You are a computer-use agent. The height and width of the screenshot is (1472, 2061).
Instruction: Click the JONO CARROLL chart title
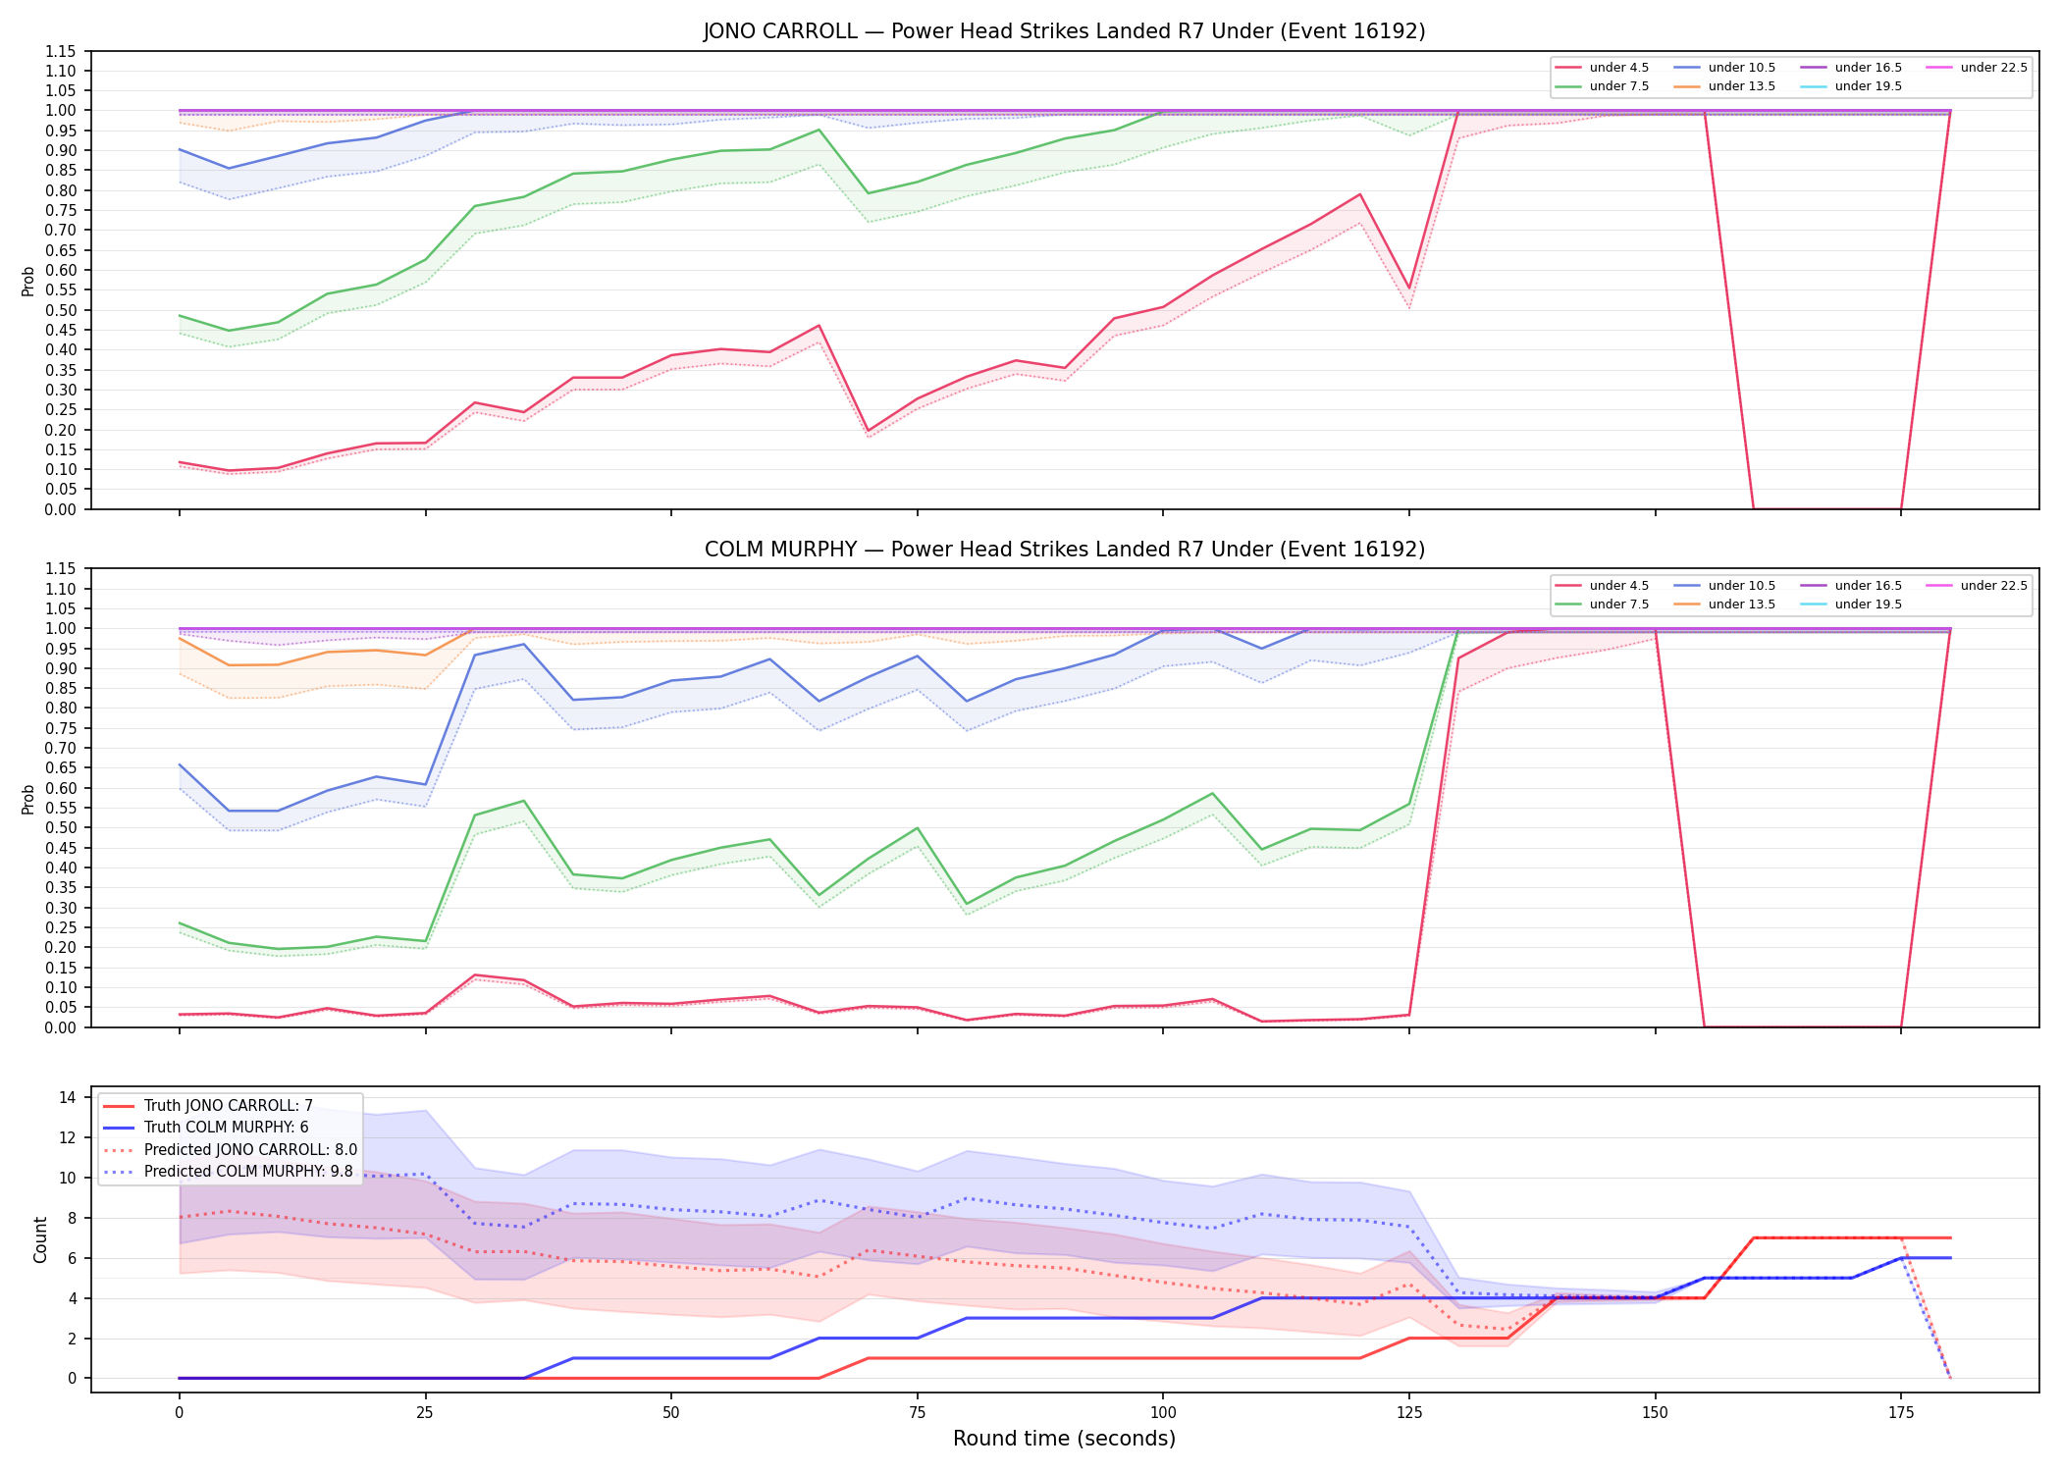coord(1064,31)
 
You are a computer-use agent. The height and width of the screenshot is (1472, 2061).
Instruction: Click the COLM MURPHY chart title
coord(1064,550)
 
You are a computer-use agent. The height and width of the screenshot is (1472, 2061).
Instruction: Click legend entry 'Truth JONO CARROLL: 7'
coord(229,1106)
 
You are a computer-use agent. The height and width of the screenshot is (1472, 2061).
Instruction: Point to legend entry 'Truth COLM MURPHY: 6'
coord(227,1128)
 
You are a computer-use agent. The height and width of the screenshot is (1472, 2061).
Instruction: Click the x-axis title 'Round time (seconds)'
coord(1064,1439)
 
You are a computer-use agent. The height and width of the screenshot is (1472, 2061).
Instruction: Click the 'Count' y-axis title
coord(40,1239)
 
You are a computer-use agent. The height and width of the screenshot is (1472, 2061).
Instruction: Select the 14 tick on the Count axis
coord(68,1098)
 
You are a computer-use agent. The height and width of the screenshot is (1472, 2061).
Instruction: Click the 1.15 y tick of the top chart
coord(60,51)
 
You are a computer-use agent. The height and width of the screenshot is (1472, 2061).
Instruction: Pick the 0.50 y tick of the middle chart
coord(60,827)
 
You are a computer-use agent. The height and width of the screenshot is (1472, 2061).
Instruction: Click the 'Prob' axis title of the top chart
coord(28,281)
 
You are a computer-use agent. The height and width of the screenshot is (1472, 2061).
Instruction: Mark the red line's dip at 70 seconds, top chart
coord(868,431)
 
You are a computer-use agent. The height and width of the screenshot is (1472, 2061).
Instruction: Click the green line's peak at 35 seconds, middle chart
coord(524,801)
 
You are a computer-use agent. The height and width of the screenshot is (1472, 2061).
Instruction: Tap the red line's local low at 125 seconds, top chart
coord(1409,289)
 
